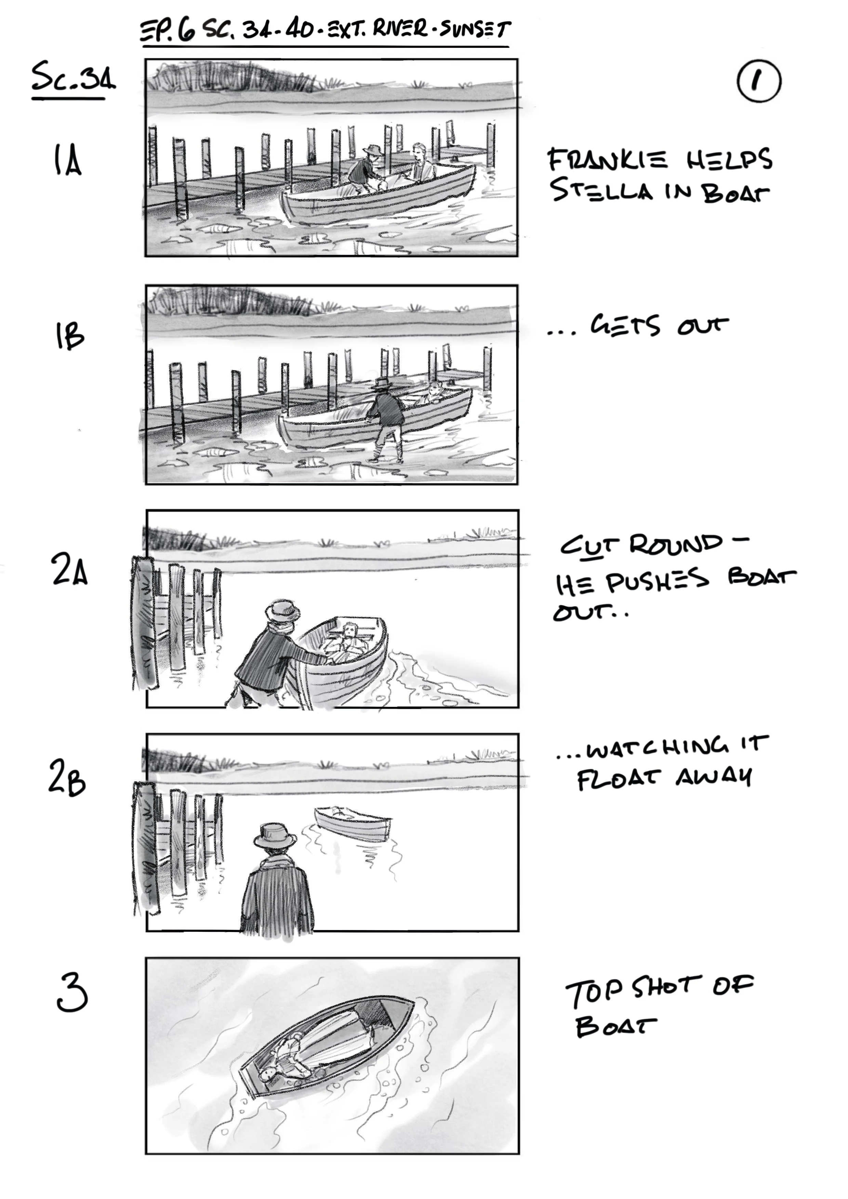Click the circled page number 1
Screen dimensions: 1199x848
(x=759, y=81)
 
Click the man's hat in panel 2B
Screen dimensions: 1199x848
(x=275, y=836)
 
